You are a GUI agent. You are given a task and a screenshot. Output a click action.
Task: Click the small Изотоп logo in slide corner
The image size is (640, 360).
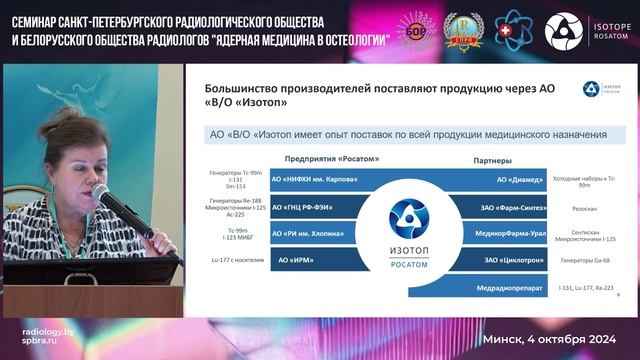[593, 89]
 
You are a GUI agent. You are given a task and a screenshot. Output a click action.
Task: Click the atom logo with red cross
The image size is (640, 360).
[514, 30]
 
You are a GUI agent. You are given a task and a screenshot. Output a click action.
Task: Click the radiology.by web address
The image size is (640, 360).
[47, 331]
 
